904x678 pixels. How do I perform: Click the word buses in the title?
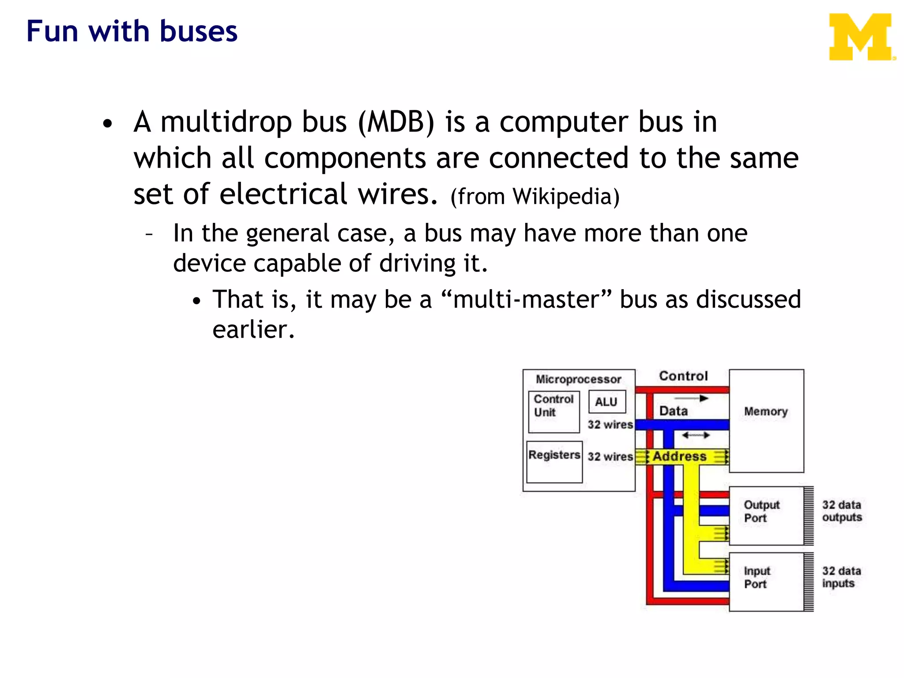198,32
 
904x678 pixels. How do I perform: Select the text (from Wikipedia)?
535,196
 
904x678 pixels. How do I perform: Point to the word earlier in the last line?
253,330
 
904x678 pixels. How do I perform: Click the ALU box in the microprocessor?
606,402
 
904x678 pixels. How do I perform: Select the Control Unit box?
554,411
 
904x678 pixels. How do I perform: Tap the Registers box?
554,461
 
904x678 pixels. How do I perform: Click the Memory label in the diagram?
765,411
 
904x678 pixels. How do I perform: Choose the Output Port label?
761,511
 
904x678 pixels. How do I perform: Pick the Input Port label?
757,577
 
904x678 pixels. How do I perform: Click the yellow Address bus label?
679,456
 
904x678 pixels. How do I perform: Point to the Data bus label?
673,411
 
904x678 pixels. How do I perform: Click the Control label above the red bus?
683,376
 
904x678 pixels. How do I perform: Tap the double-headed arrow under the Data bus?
695,436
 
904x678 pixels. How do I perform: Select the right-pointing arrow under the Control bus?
692,399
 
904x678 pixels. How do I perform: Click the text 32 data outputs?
841,511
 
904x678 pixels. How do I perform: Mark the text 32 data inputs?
841,577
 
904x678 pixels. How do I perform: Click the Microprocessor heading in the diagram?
578,379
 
